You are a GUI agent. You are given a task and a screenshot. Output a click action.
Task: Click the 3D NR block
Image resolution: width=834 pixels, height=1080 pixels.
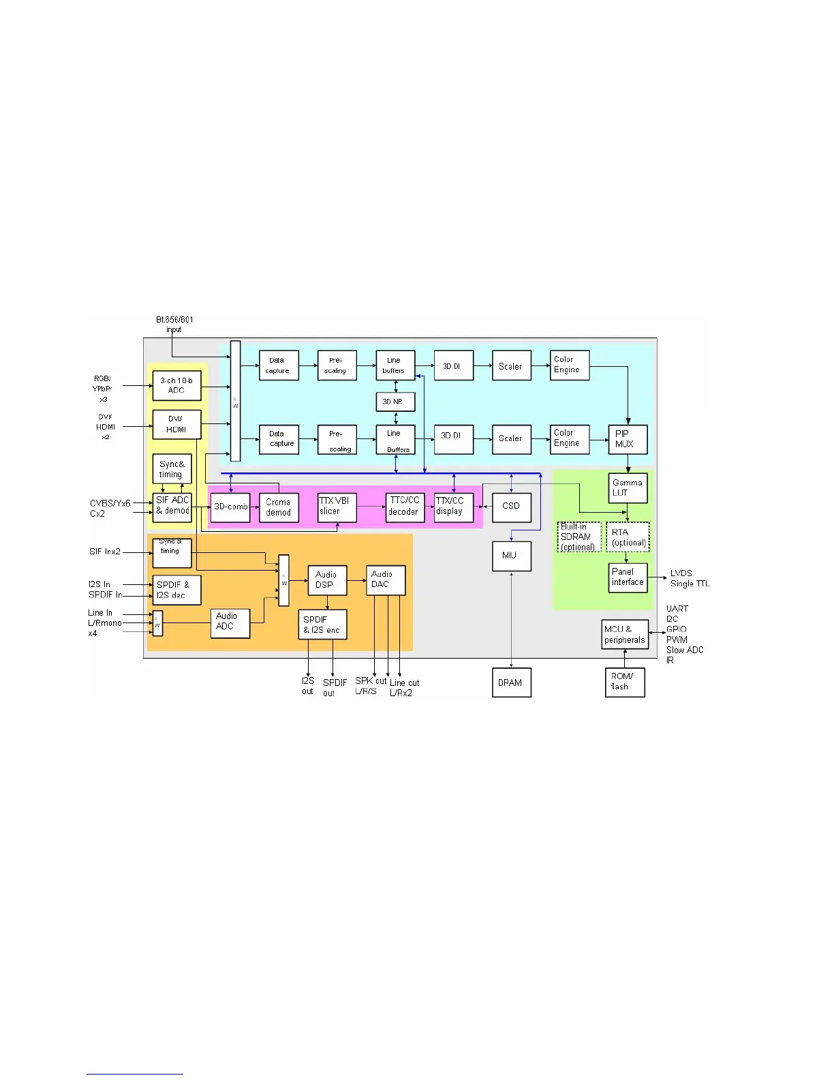click(395, 402)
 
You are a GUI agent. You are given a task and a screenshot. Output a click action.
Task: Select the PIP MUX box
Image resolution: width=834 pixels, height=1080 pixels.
click(627, 439)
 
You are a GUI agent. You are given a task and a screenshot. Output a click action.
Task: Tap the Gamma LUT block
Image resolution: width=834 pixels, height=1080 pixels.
click(627, 487)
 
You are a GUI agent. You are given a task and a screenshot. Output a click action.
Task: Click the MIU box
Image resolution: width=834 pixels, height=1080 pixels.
click(511, 556)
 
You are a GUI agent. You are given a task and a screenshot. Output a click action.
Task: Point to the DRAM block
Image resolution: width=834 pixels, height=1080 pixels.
click(511, 682)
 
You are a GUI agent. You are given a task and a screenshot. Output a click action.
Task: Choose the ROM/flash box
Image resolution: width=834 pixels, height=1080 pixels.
click(624, 682)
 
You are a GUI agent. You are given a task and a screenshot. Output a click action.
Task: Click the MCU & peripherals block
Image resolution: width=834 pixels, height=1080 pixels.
click(624, 635)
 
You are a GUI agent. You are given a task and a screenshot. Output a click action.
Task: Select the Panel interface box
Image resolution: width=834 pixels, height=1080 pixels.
click(627, 577)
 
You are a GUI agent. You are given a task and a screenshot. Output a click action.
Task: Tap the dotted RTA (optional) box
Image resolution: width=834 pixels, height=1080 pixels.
click(628, 537)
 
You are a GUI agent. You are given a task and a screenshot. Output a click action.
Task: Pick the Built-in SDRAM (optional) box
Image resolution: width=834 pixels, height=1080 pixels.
click(578, 537)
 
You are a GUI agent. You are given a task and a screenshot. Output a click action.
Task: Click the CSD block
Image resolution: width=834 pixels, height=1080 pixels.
click(511, 506)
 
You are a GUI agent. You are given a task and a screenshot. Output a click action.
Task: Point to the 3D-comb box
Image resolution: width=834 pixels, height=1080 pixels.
click(230, 507)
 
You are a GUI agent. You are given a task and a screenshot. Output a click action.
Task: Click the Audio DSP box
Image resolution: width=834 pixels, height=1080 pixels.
click(326, 580)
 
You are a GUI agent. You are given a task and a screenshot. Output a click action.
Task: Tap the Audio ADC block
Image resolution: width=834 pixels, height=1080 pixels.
click(230, 622)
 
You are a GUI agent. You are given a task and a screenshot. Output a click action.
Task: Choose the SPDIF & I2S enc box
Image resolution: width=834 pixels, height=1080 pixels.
click(322, 625)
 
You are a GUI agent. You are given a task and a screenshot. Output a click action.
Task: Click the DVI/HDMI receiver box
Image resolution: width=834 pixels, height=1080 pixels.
click(176, 425)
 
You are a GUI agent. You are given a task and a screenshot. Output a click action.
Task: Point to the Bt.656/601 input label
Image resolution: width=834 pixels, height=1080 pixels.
click(174, 325)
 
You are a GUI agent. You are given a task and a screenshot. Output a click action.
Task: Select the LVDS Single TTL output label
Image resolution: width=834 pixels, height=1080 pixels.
click(690, 579)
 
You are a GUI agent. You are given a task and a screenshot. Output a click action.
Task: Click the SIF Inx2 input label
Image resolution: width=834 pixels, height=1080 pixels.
click(105, 552)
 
